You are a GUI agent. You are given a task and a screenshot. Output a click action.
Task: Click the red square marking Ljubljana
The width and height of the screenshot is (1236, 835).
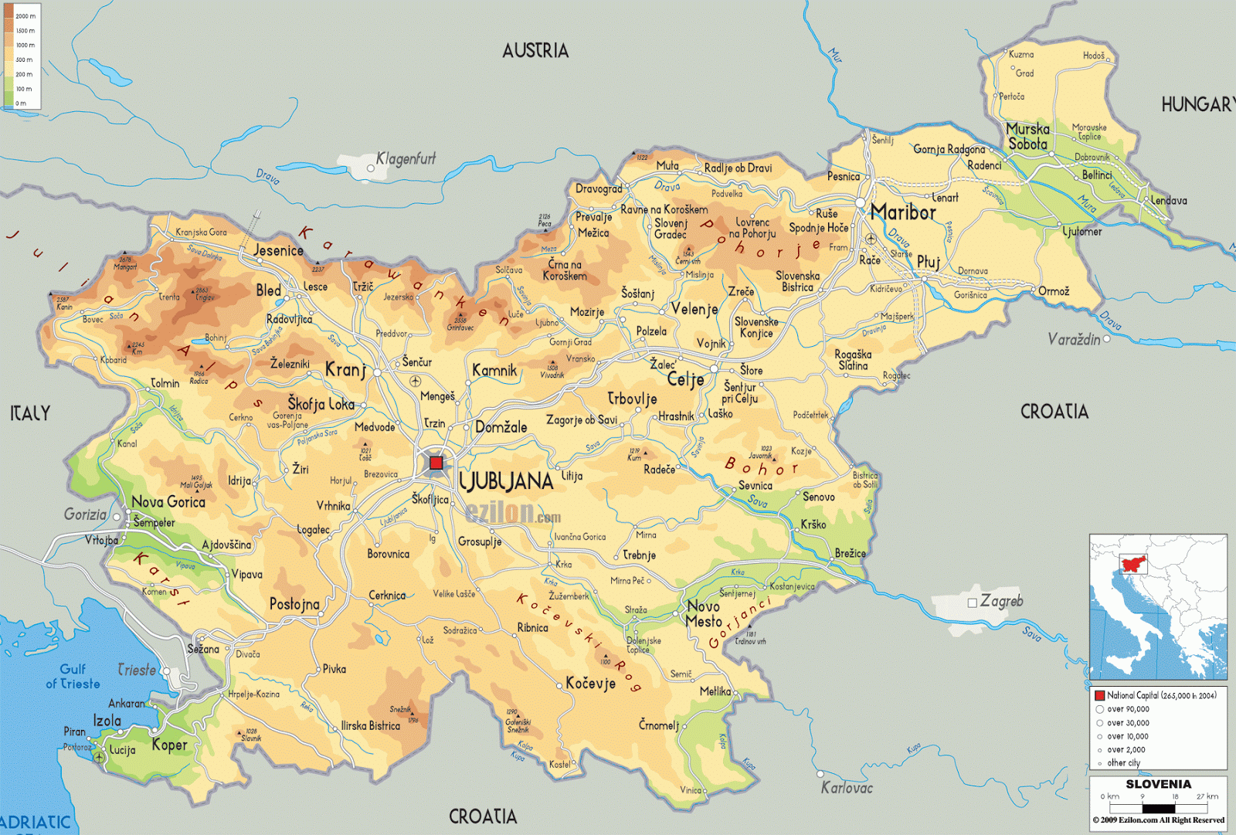436,463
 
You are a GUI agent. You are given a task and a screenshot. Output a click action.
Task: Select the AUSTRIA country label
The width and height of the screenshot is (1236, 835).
535,51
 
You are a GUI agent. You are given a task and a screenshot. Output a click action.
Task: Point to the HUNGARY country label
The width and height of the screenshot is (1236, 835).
1197,104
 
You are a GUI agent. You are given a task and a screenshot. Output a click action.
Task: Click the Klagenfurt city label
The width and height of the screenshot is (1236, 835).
406,159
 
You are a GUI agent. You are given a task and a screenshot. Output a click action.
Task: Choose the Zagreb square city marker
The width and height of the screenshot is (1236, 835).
973,602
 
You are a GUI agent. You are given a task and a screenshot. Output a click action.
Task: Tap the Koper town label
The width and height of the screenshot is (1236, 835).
169,745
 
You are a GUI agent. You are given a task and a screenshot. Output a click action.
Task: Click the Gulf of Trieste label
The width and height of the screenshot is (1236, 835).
73,677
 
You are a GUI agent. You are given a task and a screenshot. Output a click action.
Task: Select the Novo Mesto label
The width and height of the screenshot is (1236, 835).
704,614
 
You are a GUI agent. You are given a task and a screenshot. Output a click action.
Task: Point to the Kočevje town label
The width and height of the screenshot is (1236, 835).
590,684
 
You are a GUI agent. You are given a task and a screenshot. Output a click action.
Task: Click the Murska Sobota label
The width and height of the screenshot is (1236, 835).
1027,137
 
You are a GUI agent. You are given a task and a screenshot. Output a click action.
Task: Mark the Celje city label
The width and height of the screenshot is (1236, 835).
685,379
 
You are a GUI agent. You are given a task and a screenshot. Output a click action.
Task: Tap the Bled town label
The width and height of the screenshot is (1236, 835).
268,290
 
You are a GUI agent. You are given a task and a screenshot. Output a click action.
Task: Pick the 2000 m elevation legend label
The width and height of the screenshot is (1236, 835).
25,15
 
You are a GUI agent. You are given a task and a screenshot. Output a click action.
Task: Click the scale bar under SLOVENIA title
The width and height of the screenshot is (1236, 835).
1157,808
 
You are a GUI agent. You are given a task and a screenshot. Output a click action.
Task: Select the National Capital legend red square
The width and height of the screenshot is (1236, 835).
1099,695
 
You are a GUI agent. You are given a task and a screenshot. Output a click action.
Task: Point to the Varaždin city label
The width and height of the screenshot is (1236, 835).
1073,339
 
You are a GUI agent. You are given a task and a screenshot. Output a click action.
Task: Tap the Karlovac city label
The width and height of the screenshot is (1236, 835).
847,788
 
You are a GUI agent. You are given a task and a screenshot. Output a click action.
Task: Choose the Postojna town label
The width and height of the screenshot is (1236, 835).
294,604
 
